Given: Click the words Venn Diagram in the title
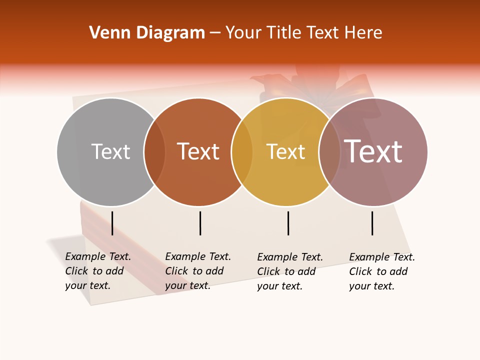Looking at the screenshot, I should [x=147, y=33].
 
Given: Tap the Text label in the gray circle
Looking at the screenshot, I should [x=110, y=151].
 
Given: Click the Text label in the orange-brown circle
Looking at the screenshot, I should [x=198, y=151].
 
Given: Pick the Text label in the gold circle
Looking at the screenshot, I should [x=285, y=151].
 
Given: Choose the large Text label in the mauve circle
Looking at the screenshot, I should [x=373, y=151].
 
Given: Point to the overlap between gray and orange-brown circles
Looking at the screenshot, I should [x=154, y=152].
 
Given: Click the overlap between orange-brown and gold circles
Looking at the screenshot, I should [x=242, y=152].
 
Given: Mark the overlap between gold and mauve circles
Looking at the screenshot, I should [x=329, y=152].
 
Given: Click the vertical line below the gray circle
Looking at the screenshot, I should [x=112, y=223].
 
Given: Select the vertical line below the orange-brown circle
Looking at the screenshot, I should [x=200, y=223].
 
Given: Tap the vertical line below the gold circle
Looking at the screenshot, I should [x=288, y=223].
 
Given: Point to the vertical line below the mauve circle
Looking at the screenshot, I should [x=372, y=223].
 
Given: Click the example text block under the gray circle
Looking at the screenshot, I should [x=97, y=271].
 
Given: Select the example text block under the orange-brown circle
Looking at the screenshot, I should [x=197, y=271].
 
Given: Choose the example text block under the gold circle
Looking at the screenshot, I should [x=289, y=271].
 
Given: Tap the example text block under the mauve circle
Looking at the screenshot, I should [x=381, y=271].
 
